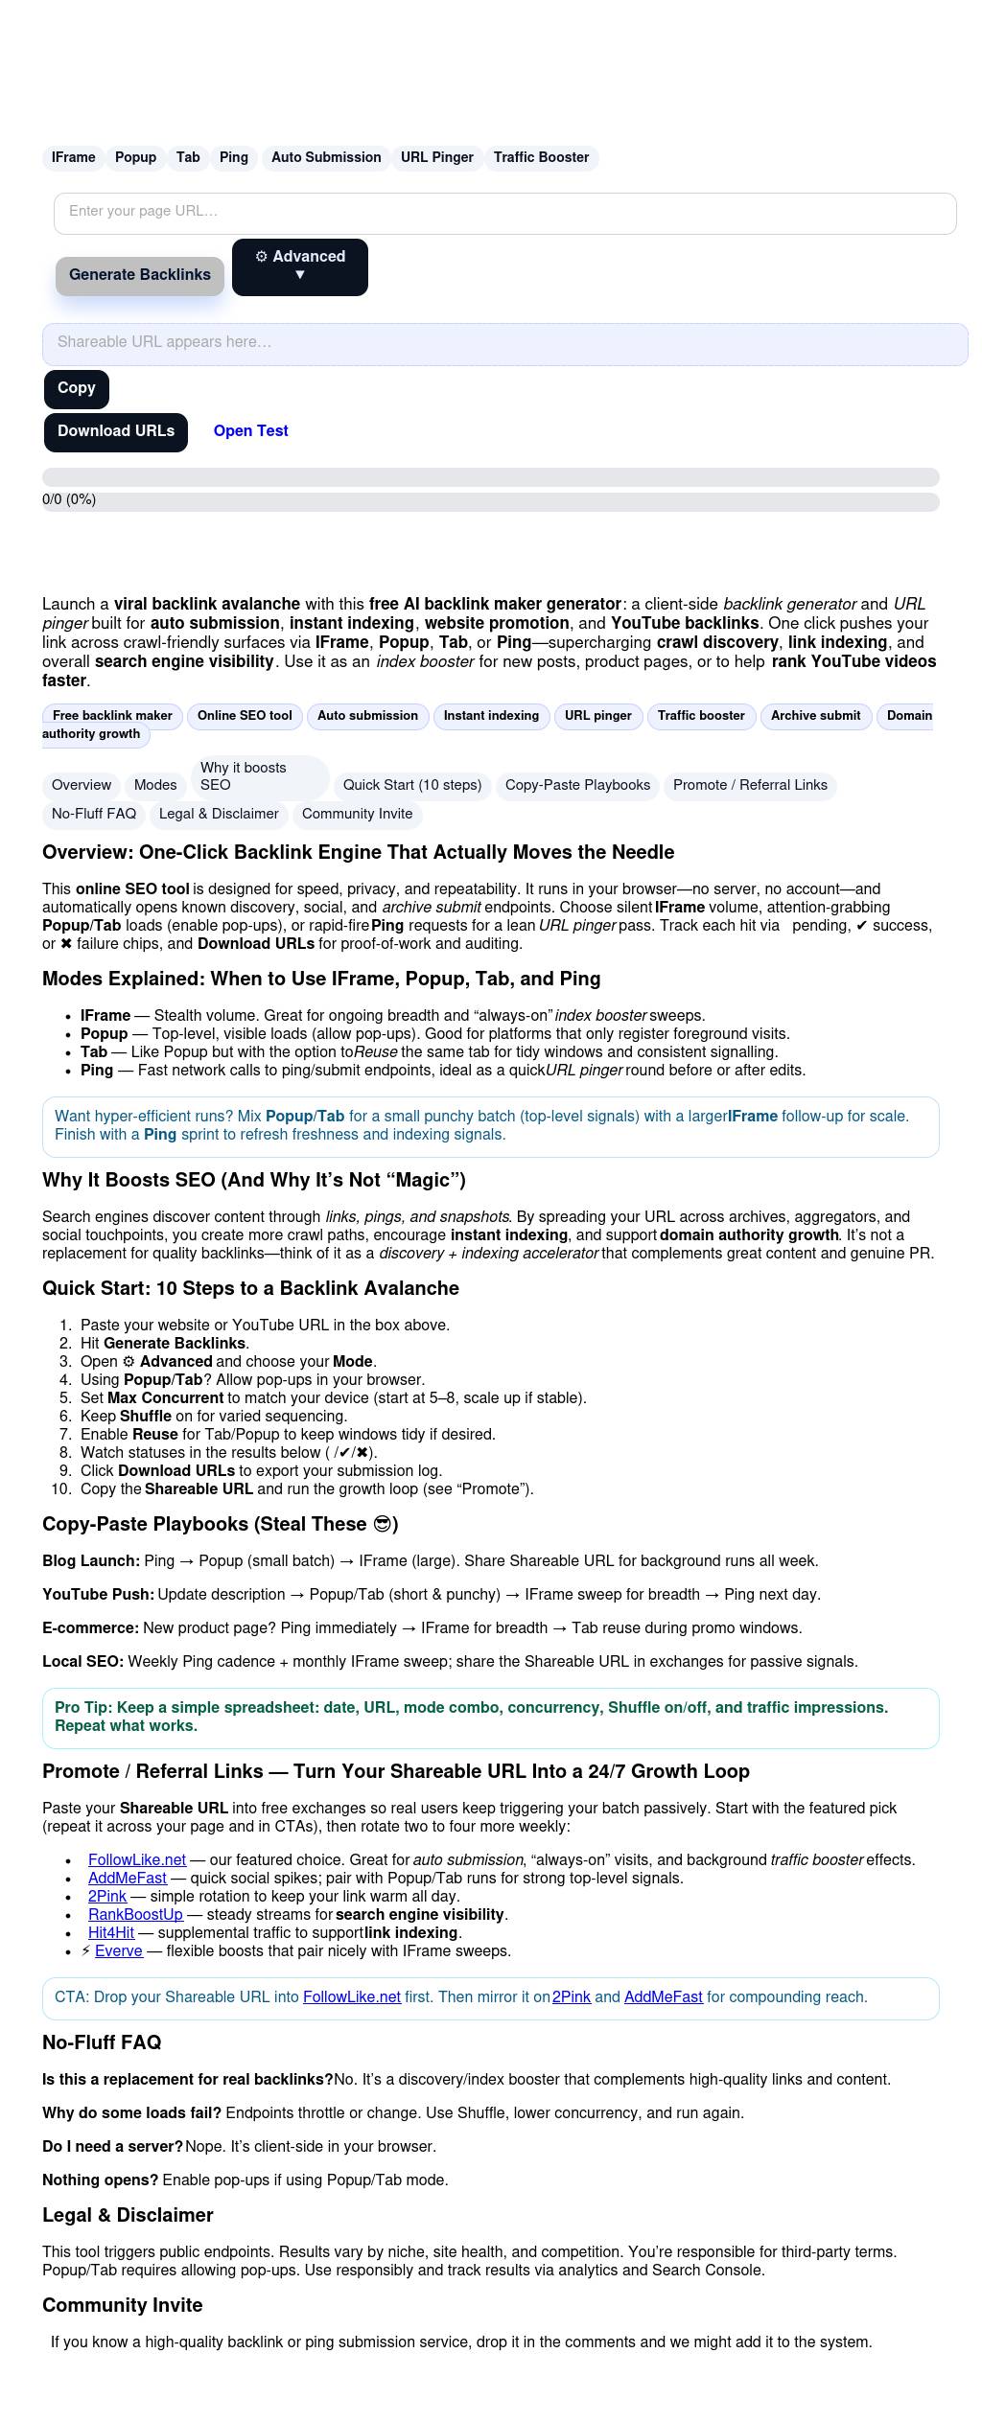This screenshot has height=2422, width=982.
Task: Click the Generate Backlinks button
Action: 140,275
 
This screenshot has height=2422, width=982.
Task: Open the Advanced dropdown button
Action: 299,266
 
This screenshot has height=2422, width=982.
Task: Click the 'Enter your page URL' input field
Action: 504,213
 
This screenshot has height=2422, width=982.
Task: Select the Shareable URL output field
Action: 504,343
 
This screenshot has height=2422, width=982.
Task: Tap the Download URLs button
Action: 116,431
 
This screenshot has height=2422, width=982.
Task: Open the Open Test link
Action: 250,431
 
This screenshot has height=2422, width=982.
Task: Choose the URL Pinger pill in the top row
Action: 436,157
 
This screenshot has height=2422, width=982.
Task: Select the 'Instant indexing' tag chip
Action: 491,716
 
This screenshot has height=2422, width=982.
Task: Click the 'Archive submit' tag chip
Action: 815,716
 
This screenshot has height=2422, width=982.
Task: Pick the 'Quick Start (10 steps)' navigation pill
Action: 412,785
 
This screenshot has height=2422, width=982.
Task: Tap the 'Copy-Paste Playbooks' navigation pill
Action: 577,785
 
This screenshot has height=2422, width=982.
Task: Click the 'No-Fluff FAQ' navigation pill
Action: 94,814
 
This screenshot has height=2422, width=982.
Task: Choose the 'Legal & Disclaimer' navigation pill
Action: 219,814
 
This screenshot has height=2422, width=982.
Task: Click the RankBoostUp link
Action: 135,1914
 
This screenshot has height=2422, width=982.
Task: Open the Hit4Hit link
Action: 111,1932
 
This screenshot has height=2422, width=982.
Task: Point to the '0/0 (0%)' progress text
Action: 69,499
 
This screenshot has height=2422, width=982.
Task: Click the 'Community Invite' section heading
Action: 122,2305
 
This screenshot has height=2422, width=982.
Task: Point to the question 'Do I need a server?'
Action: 112,2146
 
